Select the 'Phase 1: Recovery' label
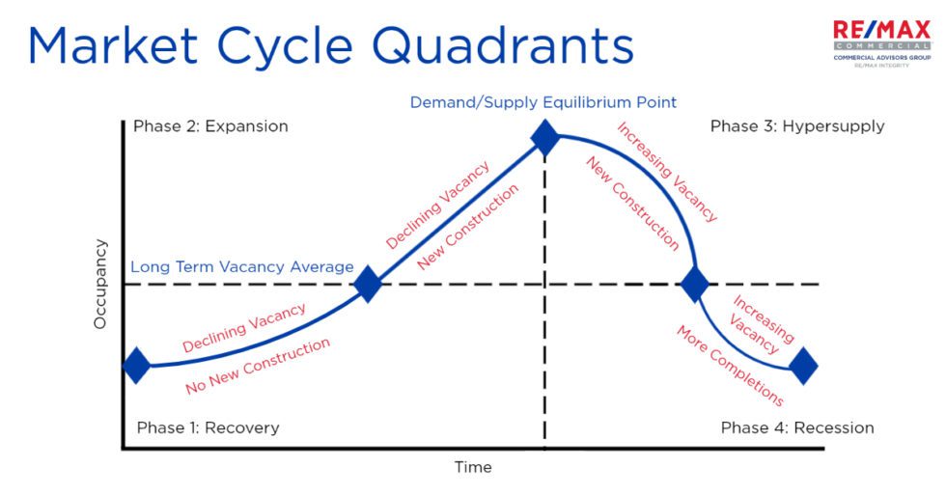pos(208,427)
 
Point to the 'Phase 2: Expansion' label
pos(210,126)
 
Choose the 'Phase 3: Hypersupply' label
pos(797,126)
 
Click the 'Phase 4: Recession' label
pos(797,427)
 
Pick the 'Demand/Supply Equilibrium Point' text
pos(543,101)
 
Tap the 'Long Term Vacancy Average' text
pos(242,267)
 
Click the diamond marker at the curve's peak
pos(545,138)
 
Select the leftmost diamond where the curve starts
pos(137,366)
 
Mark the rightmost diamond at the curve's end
pos(803,366)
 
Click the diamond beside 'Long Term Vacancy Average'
pos(368,285)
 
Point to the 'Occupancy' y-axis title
pos(100,285)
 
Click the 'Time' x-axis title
pos(473,467)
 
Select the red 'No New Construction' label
pos(258,366)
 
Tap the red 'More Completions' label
pos(729,366)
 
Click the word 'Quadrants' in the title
pos(501,47)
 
